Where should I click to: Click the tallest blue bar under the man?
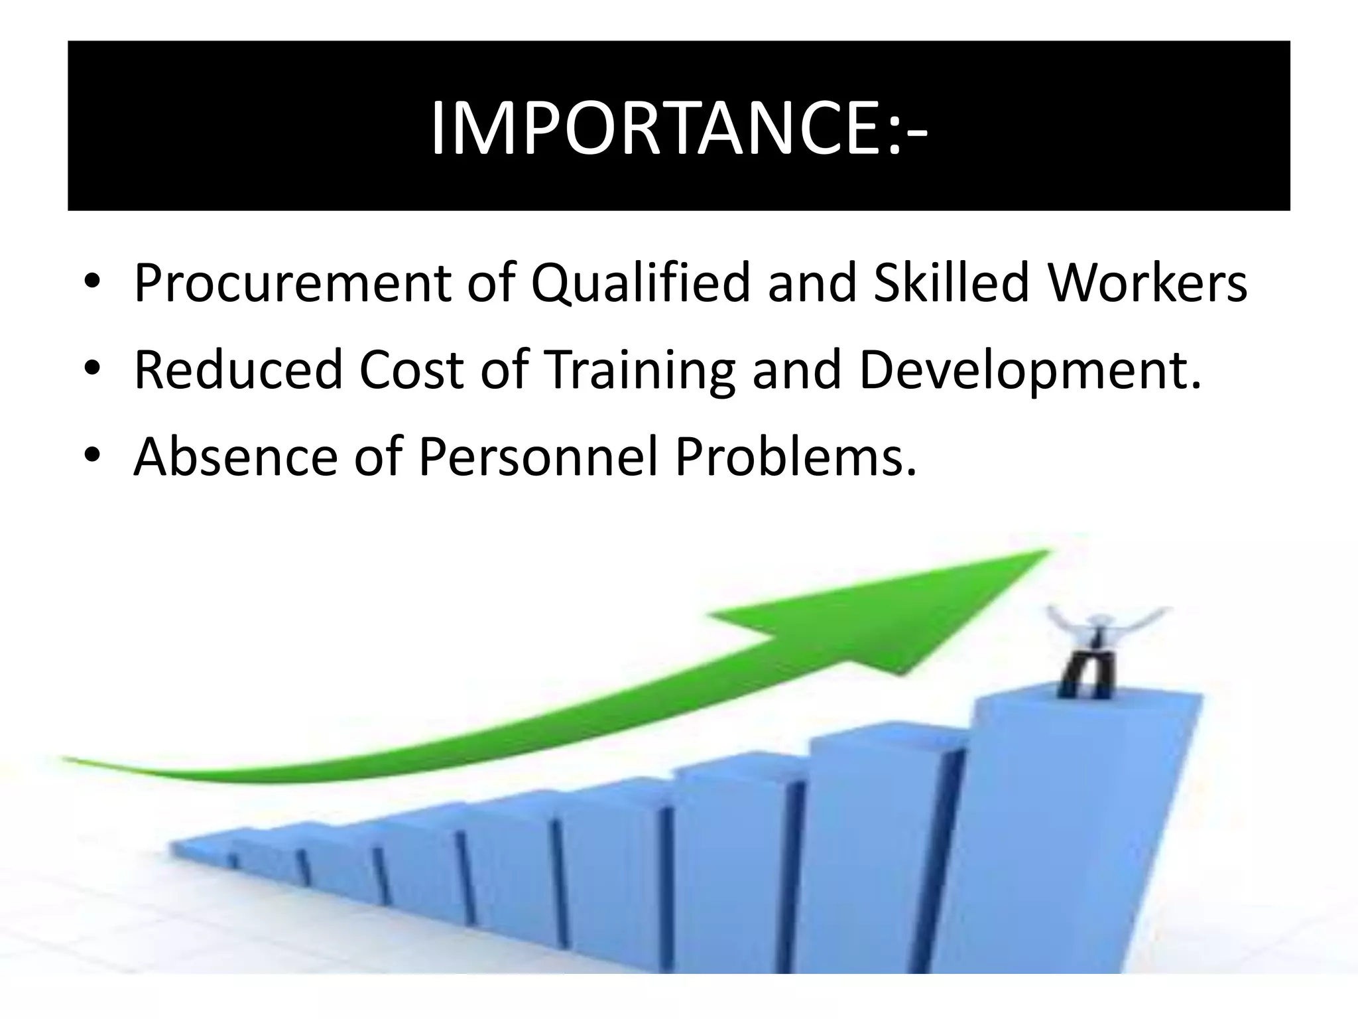pyautogui.click(x=1068, y=829)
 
